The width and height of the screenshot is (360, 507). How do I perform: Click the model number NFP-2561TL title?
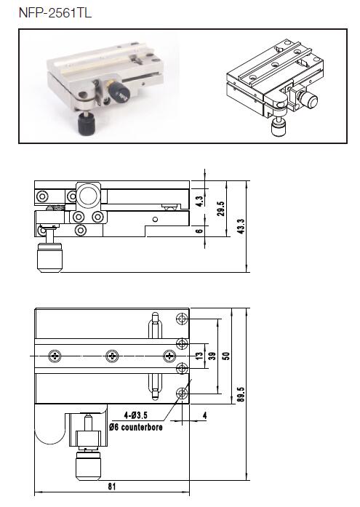click(55, 13)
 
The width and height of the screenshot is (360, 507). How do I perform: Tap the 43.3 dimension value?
click(241, 226)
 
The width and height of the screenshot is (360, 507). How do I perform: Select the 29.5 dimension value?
click(221, 209)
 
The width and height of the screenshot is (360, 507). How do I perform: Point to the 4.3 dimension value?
click(200, 201)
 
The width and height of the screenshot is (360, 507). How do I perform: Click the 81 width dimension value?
click(112, 487)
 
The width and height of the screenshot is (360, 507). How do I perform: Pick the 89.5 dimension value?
click(241, 394)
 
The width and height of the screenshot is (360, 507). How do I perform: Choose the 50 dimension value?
click(226, 356)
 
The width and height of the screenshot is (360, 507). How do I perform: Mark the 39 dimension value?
click(212, 356)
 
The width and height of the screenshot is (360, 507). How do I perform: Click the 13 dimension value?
click(200, 356)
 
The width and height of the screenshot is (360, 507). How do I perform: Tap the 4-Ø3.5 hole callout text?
click(136, 415)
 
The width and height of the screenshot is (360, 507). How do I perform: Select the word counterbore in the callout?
click(142, 427)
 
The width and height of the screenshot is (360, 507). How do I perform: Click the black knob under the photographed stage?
click(85, 124)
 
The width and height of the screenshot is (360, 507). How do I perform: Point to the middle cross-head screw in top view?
click(112, 356)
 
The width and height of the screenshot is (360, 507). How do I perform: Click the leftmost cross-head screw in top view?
click(55, 356)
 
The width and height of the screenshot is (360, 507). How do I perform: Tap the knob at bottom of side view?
click(49, 258)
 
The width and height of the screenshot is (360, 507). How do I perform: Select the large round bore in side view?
click(88, 196)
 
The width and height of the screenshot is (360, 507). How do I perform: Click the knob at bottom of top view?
click(88, 466)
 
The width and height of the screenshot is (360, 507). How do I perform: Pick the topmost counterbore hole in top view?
click(182, 319)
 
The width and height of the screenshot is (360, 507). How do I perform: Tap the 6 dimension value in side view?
click(200, 231)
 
